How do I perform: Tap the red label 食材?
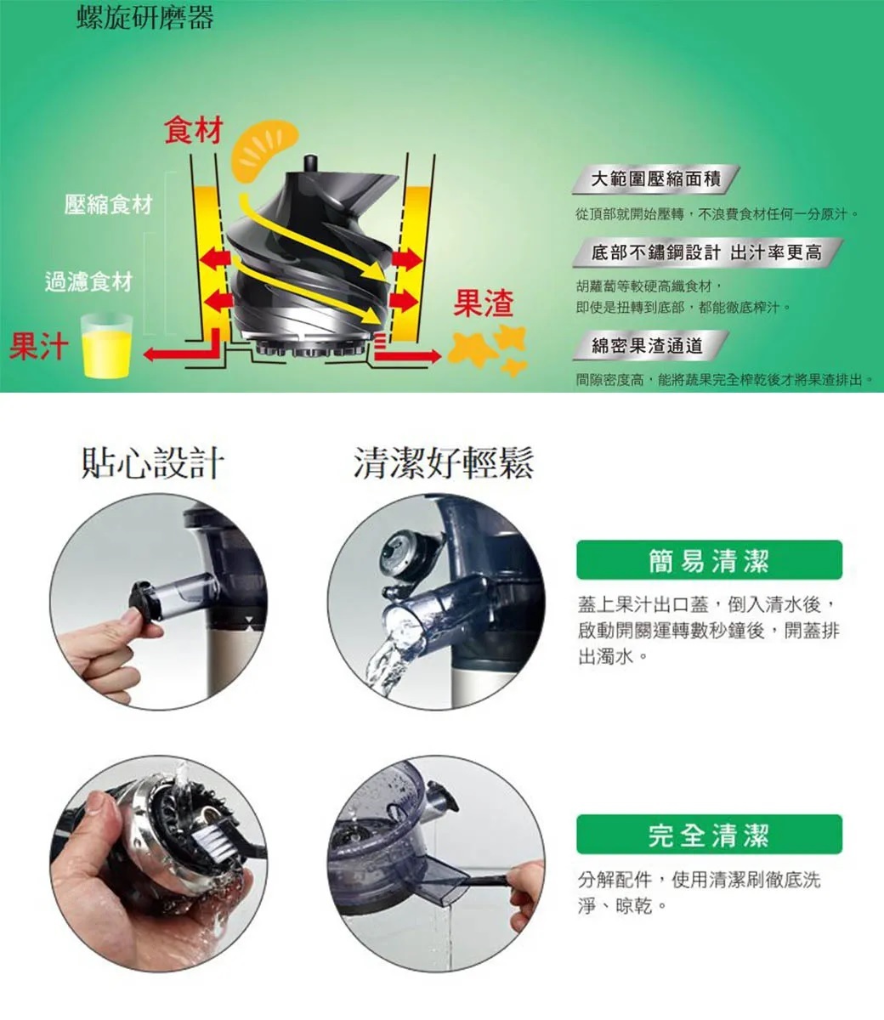pos(194,130)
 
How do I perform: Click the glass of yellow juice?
pos(106,345)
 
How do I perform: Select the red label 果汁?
pos(39,346)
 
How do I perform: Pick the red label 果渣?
pos(483,303)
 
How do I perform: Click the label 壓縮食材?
pos(109,204)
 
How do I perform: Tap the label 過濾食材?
pos(89,281)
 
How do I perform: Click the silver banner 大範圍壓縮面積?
pos(655,178)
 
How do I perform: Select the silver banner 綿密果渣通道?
pos(650,345)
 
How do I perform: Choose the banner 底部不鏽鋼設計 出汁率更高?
pos(707,252)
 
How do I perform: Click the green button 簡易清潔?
pos(709,559)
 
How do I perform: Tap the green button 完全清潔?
pos(709,834)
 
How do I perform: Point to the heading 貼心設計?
pos(152,463)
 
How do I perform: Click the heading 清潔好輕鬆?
pos(444,463)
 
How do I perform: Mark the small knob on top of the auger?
pos(310,163)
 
